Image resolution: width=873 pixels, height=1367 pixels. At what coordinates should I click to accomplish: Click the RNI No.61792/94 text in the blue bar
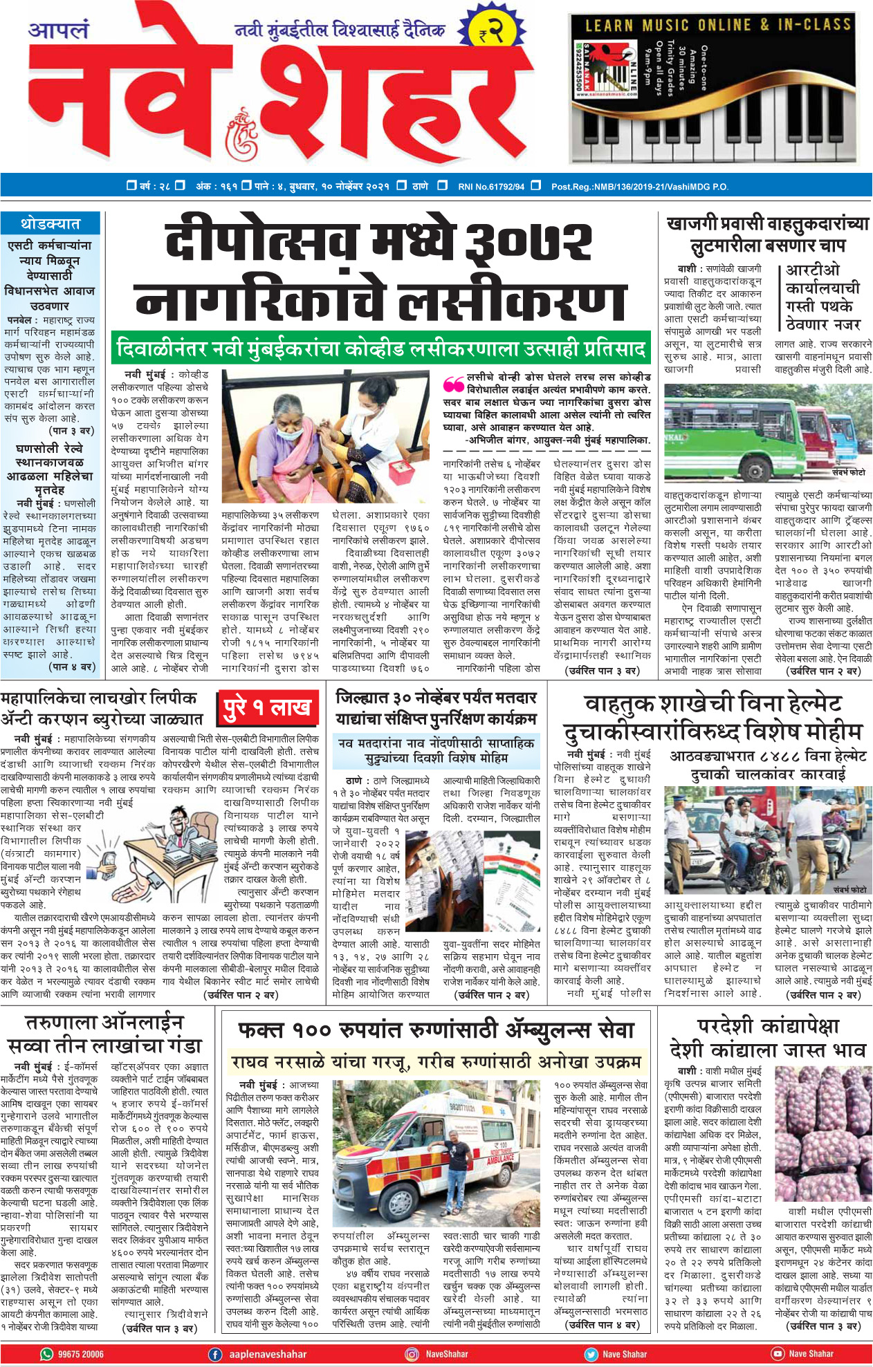pyautogui.click(x=490, y=186)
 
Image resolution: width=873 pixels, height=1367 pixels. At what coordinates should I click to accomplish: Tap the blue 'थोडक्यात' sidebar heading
pyautogui.click(x=50, y=224)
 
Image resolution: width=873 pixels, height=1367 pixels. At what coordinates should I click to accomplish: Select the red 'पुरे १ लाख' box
pyautogui.click(x=267, y=709)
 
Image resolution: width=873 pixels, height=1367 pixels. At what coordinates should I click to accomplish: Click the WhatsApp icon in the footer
pyautogui.click(x=47, y=1354)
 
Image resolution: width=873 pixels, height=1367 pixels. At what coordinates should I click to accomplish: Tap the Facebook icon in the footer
pyautogui.click(x=215, y=1354)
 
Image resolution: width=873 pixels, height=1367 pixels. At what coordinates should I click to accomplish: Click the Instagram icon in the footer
pyautogui.click(x=412, y=1354)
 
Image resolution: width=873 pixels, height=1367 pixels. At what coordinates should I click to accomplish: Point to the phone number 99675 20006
pyautogui.click(x=81, y=1354)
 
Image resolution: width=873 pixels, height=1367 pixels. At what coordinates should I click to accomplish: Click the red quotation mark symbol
pyautogui.click(x=454, y=384)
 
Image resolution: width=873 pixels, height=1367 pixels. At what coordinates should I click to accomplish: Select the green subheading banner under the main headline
pyautogui.click(x=381, y=348)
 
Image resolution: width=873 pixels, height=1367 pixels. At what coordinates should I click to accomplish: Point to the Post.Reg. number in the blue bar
pyautogui.click(x=639, y=186)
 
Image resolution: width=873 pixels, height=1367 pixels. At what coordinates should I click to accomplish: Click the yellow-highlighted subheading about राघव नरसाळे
pyautogui.click(x=436, y=1061)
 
